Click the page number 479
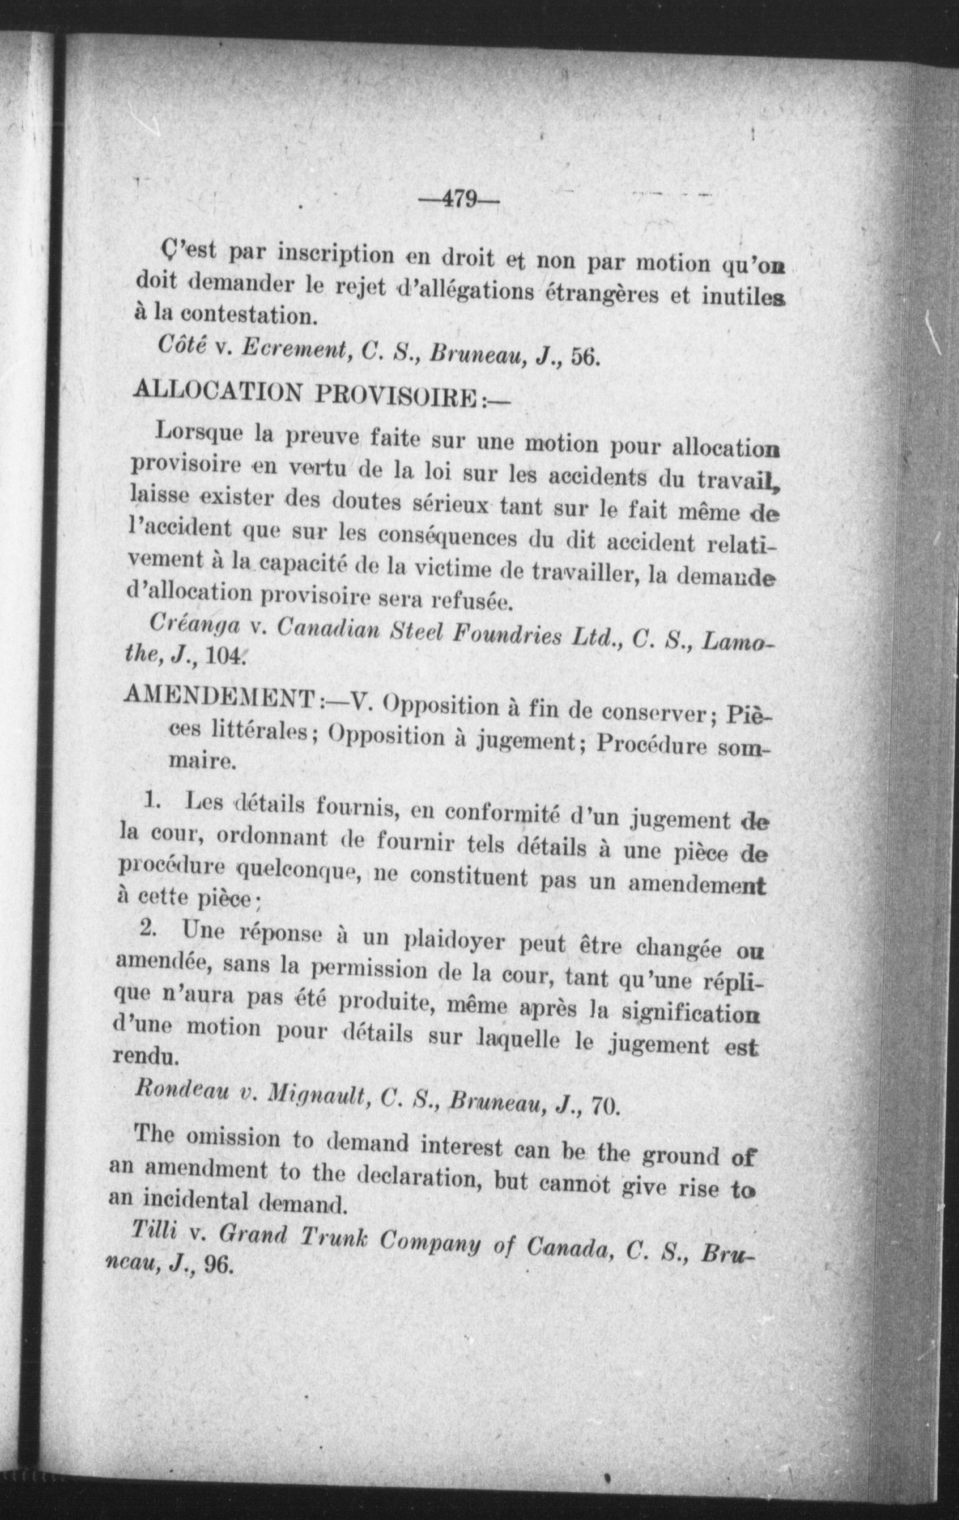(459, 200)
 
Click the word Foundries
(499, 634)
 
